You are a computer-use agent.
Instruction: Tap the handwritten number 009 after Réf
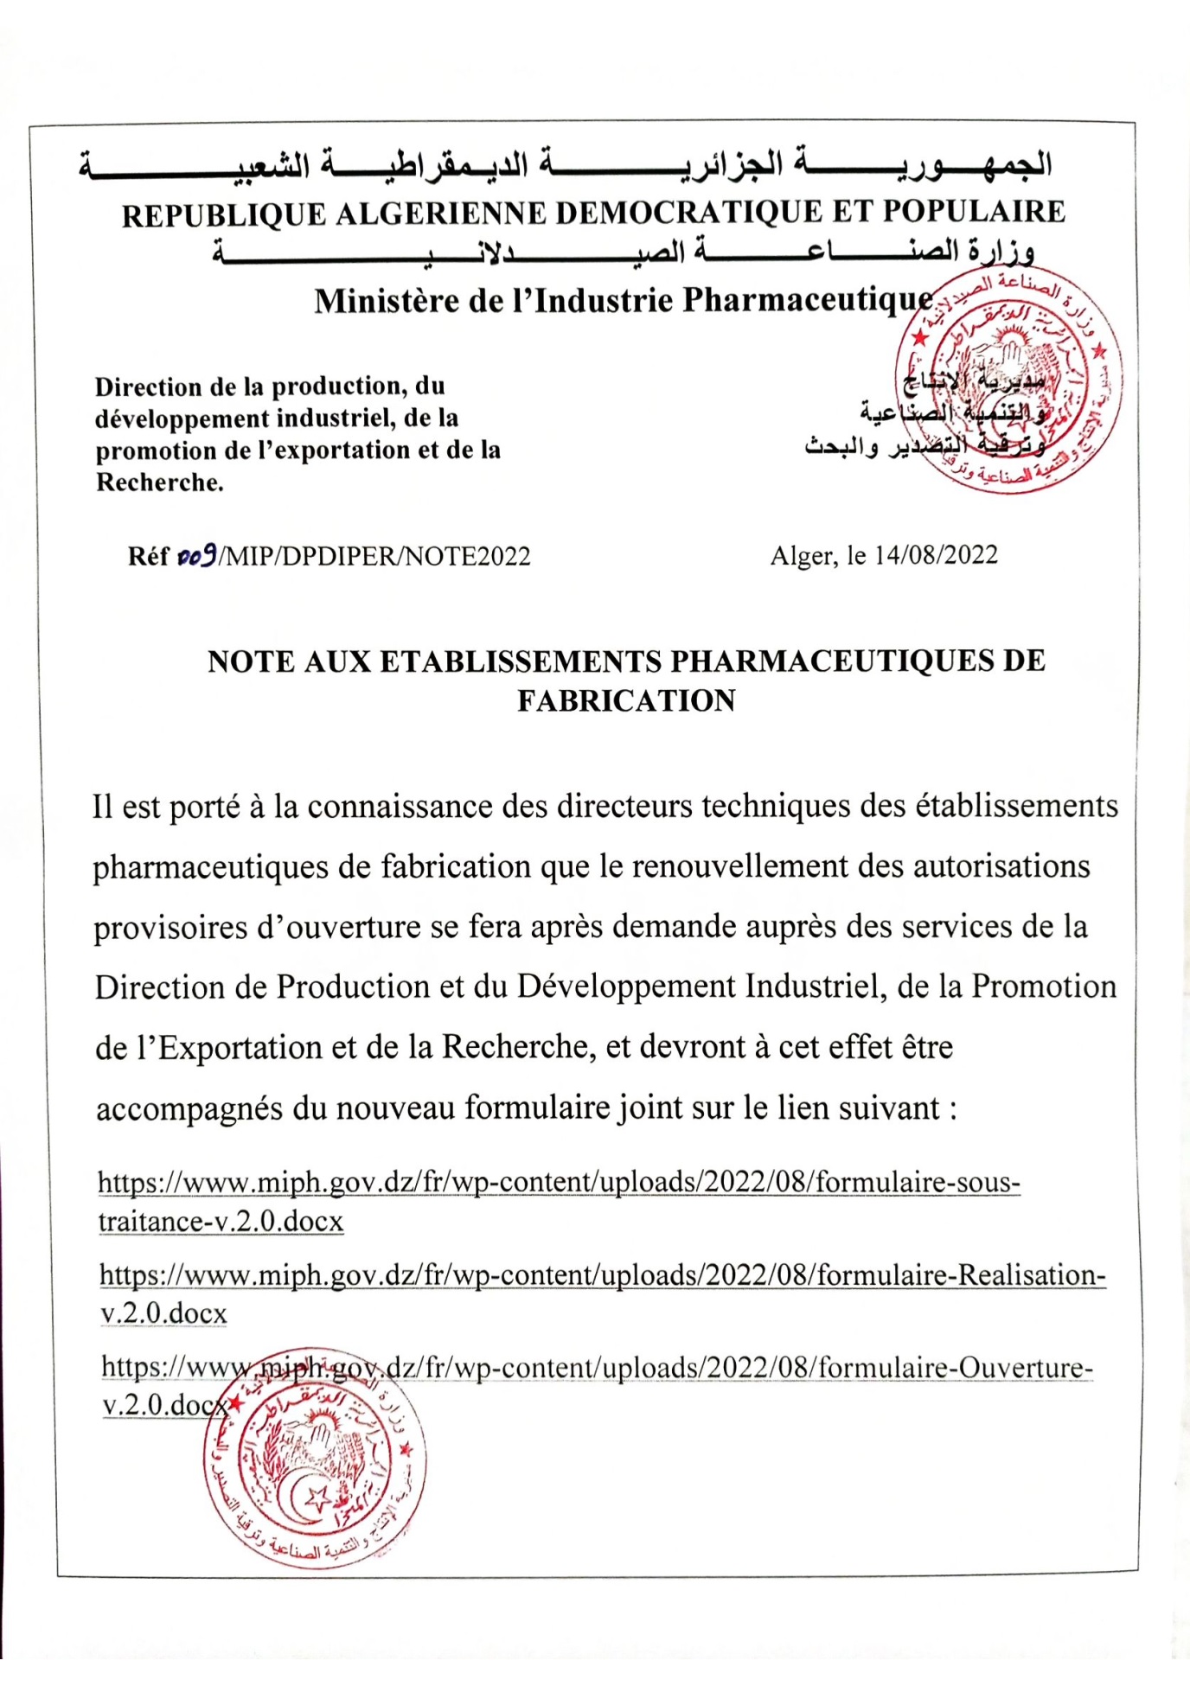click(x=195, y=556)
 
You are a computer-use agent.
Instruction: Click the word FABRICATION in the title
click(x=626, y=700)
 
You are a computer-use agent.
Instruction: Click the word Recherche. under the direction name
click(x=159, y=482)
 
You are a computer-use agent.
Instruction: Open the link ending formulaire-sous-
click(x=559, y=1182)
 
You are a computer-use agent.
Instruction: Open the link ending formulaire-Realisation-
click(x=602, y=1275)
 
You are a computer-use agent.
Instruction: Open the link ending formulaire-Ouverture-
click(x=597, y=1368)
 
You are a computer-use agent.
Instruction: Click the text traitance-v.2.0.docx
click(x=221, y=1221)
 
